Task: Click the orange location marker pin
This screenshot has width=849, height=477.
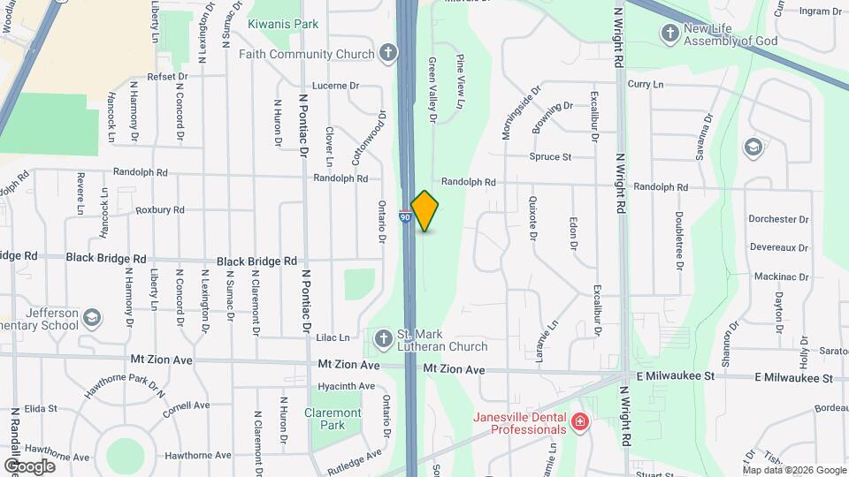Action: [x=424, y=210]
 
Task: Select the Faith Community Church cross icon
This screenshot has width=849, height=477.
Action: [x=387, y=54]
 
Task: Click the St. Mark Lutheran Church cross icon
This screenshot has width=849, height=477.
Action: [x=383, y=338]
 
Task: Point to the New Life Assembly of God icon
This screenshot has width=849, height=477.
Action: [x=669, y=33]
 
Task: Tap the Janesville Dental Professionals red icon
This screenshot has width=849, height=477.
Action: [x=579, y=423]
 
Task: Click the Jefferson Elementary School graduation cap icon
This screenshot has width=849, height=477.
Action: [x=91, y=317]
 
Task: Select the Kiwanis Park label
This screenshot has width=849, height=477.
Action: [x=282, y=24]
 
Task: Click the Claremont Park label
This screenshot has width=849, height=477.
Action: [x=333, y=419]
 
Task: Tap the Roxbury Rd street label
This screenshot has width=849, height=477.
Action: [x=159, y=210]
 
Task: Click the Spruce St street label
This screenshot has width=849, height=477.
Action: [x=550, y=157]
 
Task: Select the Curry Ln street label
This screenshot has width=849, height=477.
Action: [x=645, y=84]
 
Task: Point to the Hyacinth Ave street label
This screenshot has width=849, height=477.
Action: [x=346, y=386]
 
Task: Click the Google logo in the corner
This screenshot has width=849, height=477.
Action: [x=29, y=466]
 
